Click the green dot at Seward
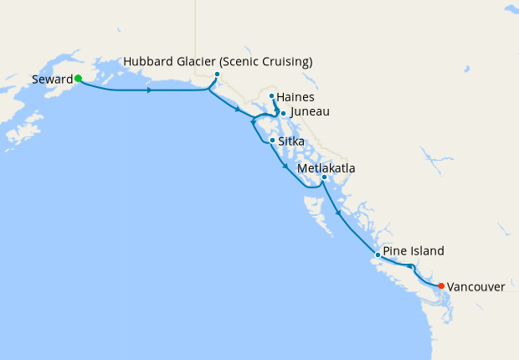(78, 78)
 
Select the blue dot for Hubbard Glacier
(217, 75)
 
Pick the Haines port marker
(272, 96)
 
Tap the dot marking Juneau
(283, 113)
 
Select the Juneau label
(310, 112)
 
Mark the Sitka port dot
(272, 140)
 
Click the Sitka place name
(291, 141)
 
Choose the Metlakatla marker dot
(324, 177)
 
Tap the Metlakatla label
(326, 168)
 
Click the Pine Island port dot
(378, 255)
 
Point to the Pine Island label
(414, 250)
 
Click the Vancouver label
(475, 286)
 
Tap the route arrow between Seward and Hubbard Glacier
(149, 90)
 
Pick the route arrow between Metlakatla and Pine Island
(338, 213)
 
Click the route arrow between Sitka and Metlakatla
(286, 167)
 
